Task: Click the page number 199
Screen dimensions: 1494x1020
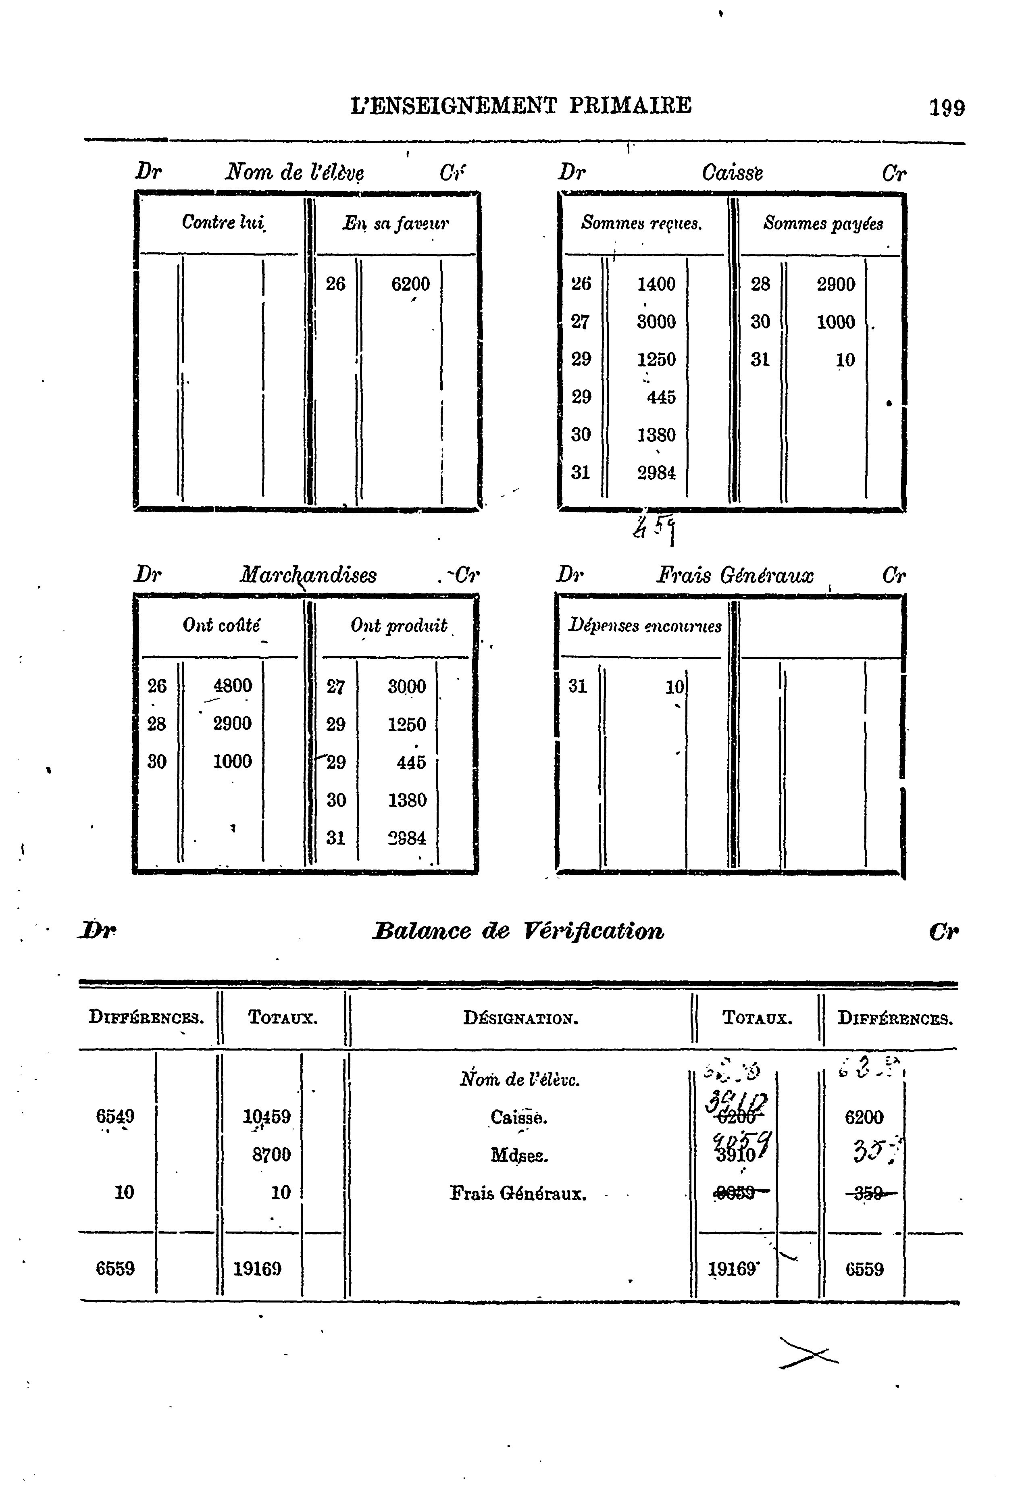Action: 946,107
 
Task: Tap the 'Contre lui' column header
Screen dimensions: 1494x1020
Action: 223,223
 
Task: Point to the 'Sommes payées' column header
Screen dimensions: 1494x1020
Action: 823,224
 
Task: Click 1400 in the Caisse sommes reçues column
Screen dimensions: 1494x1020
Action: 656,283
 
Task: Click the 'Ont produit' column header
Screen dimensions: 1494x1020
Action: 398,626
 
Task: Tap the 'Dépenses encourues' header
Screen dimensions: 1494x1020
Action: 645,626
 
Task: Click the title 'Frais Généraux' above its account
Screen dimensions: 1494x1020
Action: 734,575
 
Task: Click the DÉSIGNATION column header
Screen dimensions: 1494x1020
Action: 520,1018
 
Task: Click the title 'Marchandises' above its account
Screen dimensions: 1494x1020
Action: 308,575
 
